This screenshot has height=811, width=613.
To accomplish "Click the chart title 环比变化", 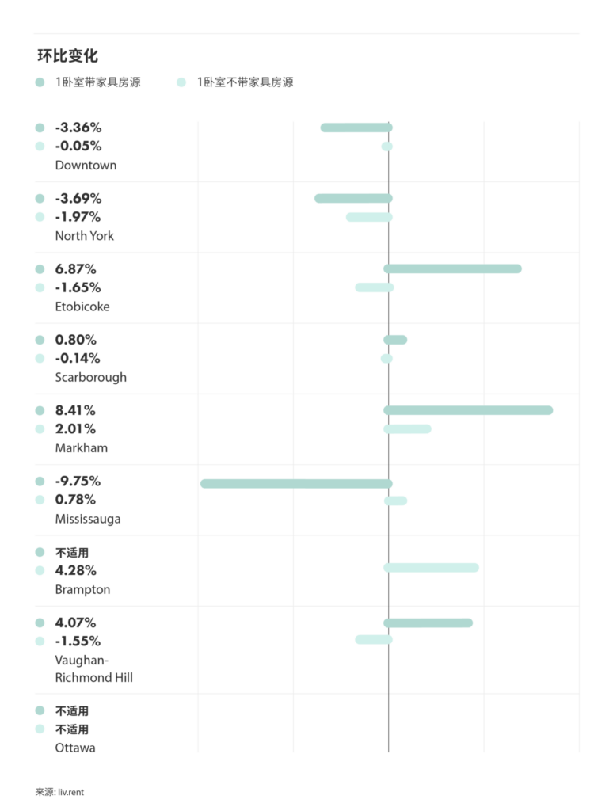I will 68,55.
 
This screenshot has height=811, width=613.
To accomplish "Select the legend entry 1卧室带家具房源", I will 97,82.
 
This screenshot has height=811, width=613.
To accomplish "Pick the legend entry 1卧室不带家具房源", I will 245,82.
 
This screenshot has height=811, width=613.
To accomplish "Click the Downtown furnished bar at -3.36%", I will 356,128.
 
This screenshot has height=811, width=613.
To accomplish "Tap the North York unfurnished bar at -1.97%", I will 369,217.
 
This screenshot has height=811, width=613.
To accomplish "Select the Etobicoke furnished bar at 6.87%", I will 452,268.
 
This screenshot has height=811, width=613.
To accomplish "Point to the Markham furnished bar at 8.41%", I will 468,410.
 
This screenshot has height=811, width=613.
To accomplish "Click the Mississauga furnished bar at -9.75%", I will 295,483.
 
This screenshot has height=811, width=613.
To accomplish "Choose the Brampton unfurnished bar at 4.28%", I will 431,568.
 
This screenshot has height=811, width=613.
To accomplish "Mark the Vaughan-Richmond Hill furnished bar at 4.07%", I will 428,623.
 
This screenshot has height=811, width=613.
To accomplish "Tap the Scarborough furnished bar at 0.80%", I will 395,340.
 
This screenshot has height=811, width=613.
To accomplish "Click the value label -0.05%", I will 78,146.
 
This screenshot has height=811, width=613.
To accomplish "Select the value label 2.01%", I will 75,428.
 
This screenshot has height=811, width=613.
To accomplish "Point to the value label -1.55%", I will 78,641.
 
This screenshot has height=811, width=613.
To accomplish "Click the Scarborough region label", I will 90,377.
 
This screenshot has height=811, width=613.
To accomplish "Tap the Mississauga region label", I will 88,519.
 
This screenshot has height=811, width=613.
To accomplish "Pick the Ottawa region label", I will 75,748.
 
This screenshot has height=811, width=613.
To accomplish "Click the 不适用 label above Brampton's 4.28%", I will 72,553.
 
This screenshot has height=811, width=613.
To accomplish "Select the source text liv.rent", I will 70,792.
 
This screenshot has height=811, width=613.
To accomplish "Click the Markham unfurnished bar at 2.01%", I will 407,429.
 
